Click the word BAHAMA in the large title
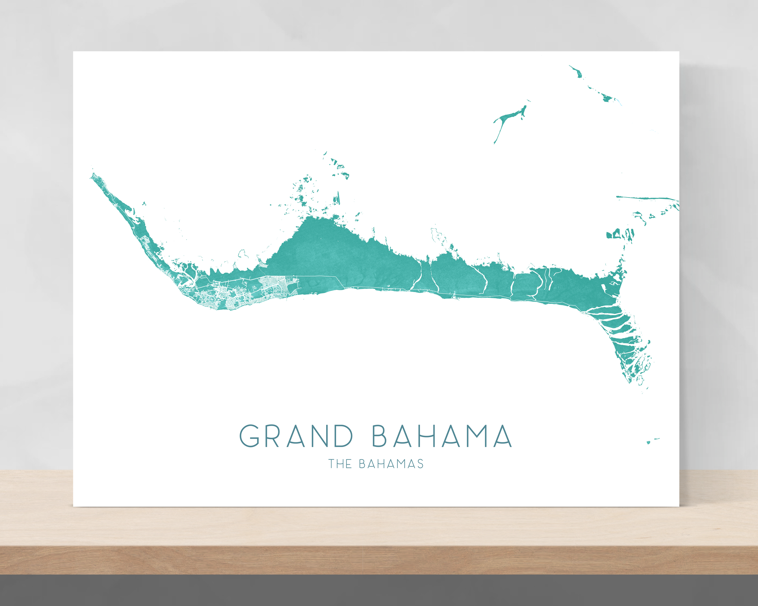click(442, 436)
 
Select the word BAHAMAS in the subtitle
click(391, 464)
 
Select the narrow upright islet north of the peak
click(339, 198)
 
